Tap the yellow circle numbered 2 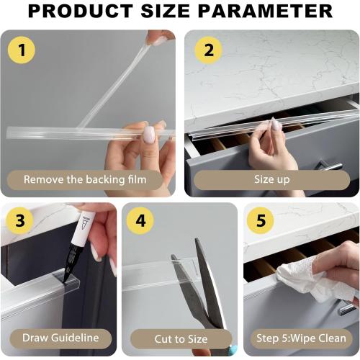(209, 50)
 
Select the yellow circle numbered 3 (20, 221)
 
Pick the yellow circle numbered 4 (141, 221)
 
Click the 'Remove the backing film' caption (85, 179)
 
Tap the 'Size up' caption (272, 179)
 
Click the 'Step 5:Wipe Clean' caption (301, 338)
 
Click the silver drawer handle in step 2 (329, 166)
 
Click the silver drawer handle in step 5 (347, 308)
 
